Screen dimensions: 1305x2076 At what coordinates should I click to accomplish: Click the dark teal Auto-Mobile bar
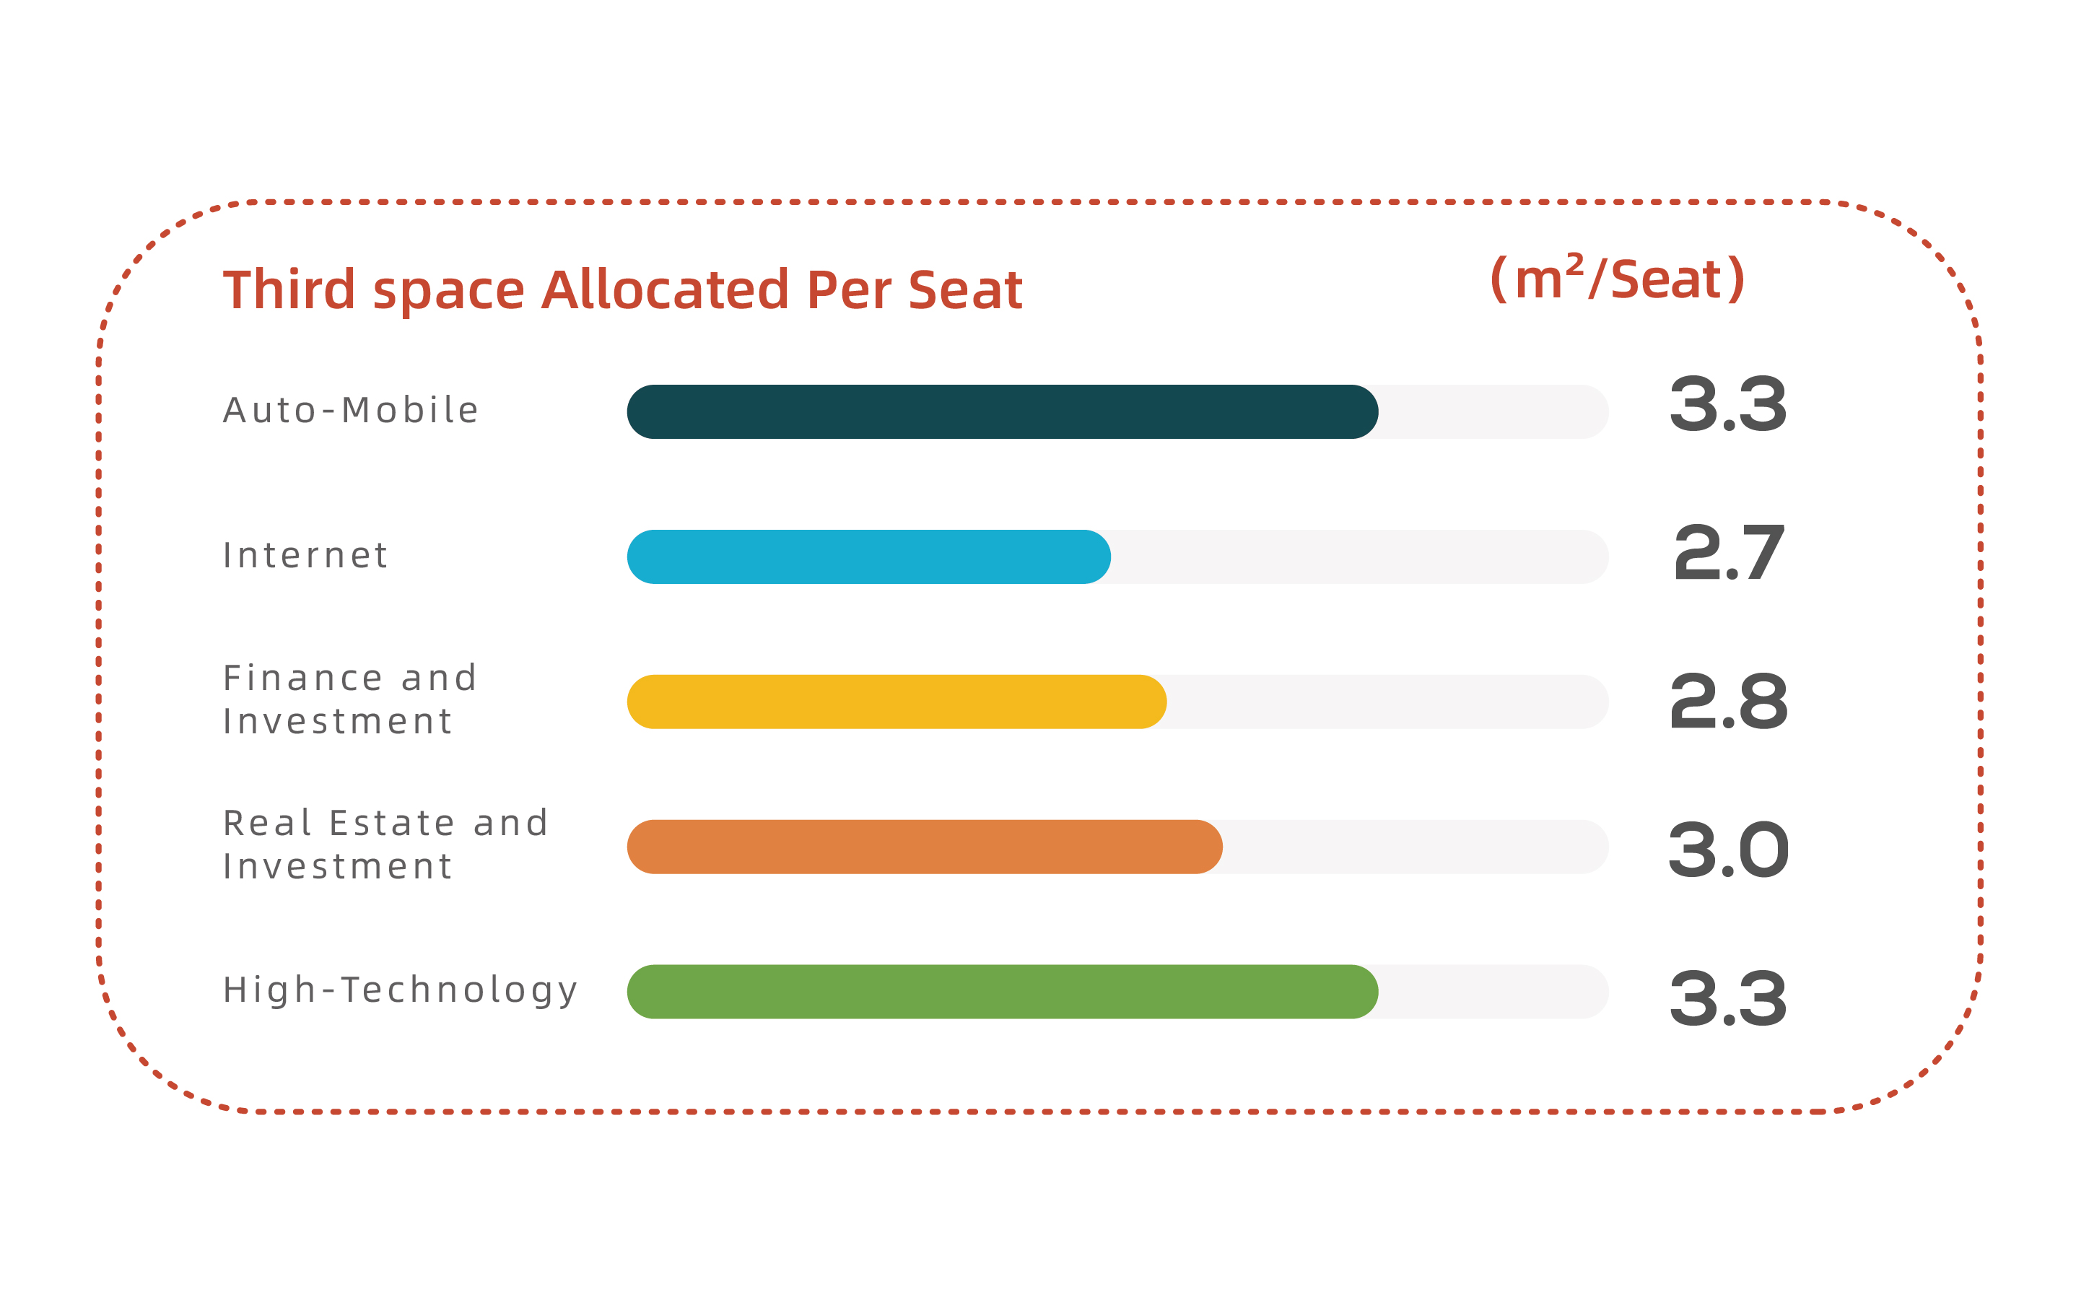[x=1002, y=412]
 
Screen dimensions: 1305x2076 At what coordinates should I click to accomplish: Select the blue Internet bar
[x=868, y=557]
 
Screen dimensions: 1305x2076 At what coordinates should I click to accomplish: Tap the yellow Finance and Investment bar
[x=897, y=702]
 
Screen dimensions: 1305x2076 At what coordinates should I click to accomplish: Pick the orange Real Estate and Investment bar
[x=924, y=847]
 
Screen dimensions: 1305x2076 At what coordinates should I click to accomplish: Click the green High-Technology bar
[x=1002, y=991]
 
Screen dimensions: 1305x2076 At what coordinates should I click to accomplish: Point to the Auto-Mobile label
[x=351, y=410]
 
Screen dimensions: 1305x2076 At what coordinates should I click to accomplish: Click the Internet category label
[x=306, y=555]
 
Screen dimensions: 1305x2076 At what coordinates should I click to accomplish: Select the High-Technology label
[x=401, y=990]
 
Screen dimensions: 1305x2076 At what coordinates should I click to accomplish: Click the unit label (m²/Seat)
[x=1618, y=279]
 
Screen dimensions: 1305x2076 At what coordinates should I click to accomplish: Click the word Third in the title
[x=289, y=289]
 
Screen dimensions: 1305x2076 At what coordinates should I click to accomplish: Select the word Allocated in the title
[x=665, y=289]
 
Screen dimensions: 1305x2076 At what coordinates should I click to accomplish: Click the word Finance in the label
[x=302, y=678]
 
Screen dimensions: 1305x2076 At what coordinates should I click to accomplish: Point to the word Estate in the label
[x=392, y=823]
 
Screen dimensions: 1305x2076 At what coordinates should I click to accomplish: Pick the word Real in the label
[x=266, y=823]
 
